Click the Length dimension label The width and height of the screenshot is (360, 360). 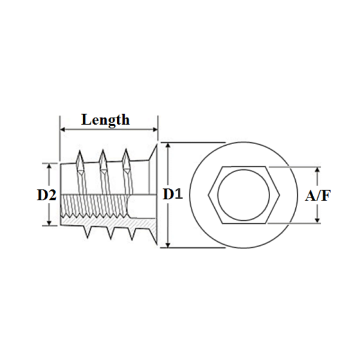tap(106, 119)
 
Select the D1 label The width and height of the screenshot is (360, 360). tap(172, 195)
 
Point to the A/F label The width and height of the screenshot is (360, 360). tap(317, 196)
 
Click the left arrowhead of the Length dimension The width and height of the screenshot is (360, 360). tap(62, 129)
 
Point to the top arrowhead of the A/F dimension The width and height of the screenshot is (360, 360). tap(317, 170)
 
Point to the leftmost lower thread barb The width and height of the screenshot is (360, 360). tap(88, 232)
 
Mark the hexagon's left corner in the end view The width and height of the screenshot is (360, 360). tap(209, 195)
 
